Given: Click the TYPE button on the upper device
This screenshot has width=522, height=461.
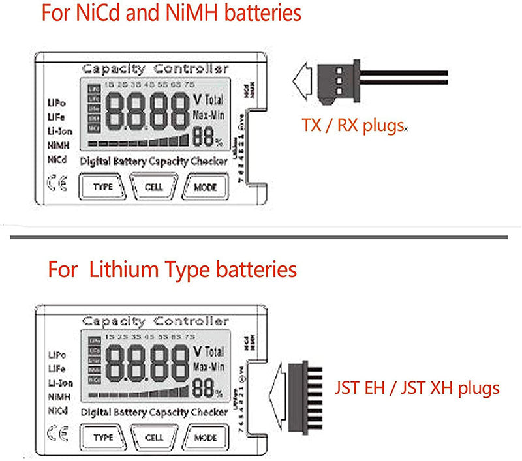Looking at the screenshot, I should (x=103, y=187).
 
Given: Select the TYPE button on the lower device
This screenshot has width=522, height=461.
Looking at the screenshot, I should (x=103, y=437).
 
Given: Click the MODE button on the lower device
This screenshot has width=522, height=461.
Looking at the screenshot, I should (x=206, y=437).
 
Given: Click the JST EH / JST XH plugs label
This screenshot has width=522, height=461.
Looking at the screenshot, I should (x=418, y=389).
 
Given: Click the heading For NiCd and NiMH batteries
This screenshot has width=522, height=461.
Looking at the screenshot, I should (x=172, y=14).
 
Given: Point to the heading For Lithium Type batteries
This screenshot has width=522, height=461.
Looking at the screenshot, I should (x=172, y=269).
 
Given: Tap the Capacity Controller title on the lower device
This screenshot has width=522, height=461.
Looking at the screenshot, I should (x=155, y=321).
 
